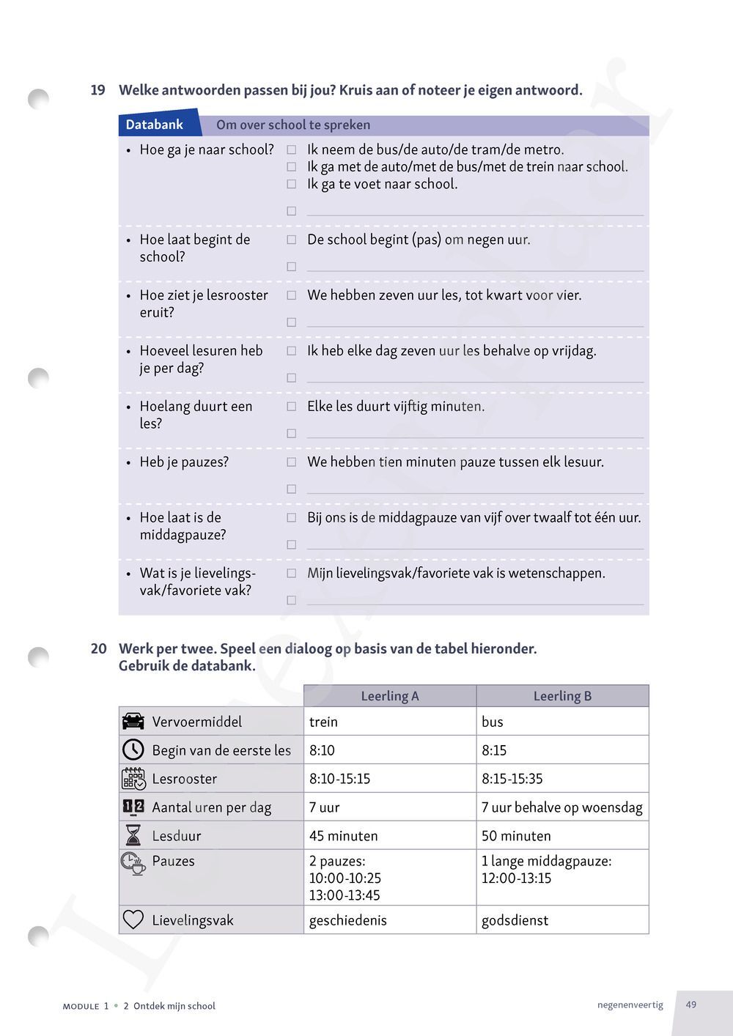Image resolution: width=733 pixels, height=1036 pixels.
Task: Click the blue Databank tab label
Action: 155,125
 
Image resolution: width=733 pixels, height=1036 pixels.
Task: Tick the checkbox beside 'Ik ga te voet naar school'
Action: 291,184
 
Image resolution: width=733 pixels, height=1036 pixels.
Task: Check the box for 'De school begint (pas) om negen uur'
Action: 291,240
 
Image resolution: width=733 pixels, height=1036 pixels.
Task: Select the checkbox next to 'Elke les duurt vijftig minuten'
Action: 291,407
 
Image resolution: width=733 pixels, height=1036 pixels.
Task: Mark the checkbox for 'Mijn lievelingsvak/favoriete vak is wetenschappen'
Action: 291,574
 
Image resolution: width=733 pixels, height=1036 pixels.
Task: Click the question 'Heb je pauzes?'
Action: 184,462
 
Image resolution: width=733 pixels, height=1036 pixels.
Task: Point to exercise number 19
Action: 97,90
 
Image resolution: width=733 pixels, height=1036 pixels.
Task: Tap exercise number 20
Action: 98,648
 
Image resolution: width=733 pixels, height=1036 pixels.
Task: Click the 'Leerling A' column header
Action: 389,696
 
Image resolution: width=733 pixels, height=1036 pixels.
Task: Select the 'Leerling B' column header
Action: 562,696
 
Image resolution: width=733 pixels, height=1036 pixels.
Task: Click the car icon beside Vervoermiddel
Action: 133,722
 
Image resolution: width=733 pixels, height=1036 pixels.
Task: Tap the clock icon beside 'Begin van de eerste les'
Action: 133,750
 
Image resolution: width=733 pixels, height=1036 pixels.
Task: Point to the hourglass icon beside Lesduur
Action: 133,835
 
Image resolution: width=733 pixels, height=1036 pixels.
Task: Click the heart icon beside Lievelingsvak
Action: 133,920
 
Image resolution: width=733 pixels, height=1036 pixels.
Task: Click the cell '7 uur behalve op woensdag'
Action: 561,807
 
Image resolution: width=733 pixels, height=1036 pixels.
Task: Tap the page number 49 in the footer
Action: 691,1004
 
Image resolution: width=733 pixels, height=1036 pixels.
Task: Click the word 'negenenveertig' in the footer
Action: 630,1004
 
